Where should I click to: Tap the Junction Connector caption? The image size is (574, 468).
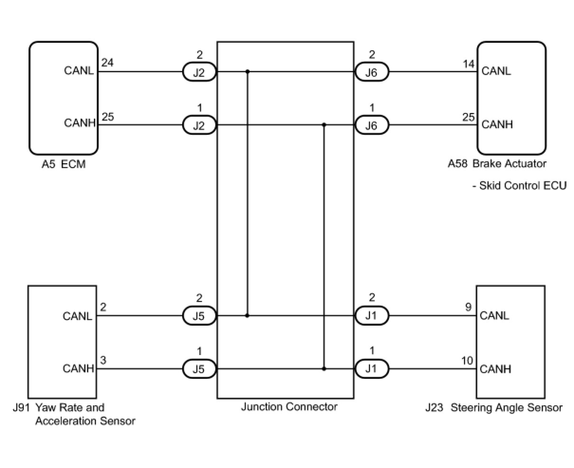tap(289, 407)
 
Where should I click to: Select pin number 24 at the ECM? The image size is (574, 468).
tap(108, 62)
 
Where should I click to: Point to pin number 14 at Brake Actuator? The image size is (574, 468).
tap(468, 64)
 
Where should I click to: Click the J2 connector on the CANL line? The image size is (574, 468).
tap(200, 73)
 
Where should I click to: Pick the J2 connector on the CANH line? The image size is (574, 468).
tap(200, 126)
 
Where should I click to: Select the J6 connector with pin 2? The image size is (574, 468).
tap(371, 73)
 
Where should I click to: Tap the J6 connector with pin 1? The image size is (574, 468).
tap(371, 126)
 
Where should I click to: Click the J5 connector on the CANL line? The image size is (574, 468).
tap(200, 316)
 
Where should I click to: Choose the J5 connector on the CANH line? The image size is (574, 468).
tap(200, 369)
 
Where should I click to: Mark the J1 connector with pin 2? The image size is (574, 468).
tap(371, 316)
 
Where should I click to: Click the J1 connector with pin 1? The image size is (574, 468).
tap(371, 369)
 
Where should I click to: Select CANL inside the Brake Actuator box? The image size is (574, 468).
tap(496, 71)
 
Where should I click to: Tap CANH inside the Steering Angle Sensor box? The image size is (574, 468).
tap(495, 369)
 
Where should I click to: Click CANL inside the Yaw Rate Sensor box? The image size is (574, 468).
tap(77, 316)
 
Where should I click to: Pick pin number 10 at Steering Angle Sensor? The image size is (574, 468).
tap(467, 361)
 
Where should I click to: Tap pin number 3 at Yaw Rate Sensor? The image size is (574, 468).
tap(103, 360)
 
